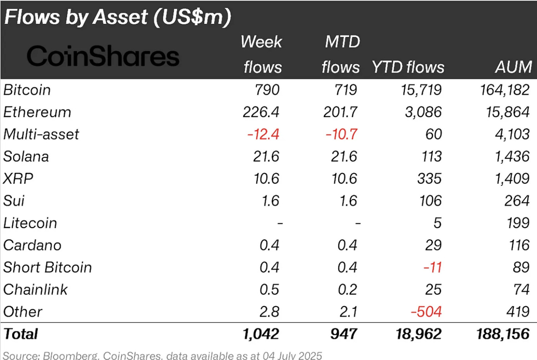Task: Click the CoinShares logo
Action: tap(103, 56)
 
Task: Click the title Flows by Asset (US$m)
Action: tap(118, 17)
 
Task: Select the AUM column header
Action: tap(513, 67)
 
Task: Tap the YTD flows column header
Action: tap(408, 67)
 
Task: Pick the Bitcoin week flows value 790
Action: tap(267, 90)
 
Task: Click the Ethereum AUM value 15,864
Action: tap(507, 112)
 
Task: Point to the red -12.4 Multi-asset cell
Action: tap(263, 134)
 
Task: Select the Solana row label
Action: tap(26, 157)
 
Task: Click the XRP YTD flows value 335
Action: tap(429, 179)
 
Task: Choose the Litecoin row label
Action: tap(30, 223)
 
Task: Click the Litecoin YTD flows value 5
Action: tap(437, 223)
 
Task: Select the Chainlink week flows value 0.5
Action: tap(269, 289)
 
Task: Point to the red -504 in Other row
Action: tap(426, 312)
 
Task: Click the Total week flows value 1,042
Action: tap(261, 334)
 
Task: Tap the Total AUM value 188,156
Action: tap(502, 334)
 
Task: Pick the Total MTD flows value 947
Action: tap(344, 334)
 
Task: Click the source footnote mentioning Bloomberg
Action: tap(162, 355)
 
